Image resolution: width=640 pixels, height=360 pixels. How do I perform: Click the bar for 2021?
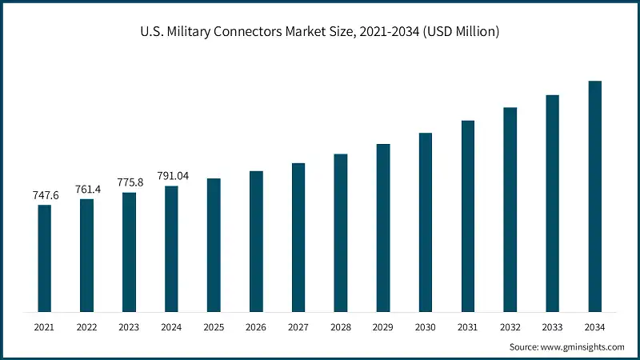pyautogui.click(x=44, y=258)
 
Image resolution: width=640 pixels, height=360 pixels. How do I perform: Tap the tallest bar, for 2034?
pyautogui.click(x=594, y=196)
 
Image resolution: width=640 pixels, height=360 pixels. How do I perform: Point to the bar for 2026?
pyautogui.click(x=256, y=241)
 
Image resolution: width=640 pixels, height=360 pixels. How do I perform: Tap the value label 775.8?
pyautogui.click(x=129, y=182)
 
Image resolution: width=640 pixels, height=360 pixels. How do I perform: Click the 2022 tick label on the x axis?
pyautogui.click(x=86, y=327)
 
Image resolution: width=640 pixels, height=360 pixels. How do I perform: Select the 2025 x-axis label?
pyautogui.click(x=214, y=327)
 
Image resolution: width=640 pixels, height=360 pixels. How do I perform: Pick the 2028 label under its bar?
pyautogui.click(x=341, y=327)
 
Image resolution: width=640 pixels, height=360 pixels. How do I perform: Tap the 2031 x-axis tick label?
pyautogui.click(x=468, y=327)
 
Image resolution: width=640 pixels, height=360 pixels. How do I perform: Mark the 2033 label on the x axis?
pyautogui.click(x=552, y=327)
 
